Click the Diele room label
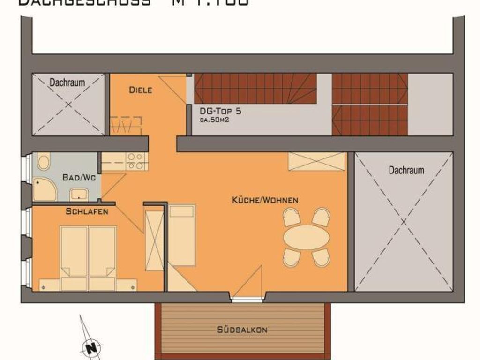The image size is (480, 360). [141, 90]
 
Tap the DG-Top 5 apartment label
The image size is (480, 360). [220, 112]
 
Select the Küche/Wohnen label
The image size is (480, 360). [265, 200]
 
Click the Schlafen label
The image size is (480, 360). [87, 211]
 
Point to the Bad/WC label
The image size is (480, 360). [77, 178]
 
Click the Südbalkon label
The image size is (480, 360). [242, 330]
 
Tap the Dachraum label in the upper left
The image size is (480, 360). [67, 82]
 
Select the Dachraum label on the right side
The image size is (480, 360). [406, 170]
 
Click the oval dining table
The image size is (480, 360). [306, 237]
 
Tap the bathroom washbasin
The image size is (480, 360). [79, 194]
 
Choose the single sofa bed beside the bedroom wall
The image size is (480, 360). [181, 234]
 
